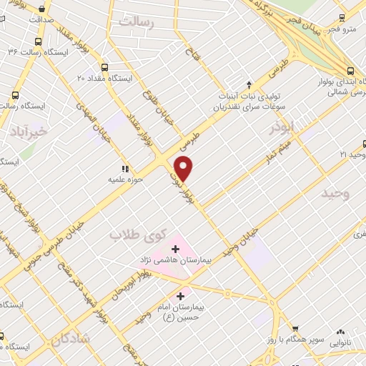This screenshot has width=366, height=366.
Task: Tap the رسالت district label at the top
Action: click(136, 22)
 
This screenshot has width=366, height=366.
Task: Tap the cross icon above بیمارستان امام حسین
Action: click(180, 295)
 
